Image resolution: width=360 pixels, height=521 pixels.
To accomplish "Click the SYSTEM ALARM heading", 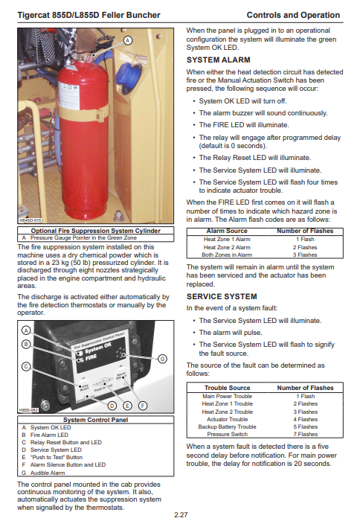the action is point(218,60).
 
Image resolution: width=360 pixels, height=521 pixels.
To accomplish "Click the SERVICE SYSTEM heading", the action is point(222,296).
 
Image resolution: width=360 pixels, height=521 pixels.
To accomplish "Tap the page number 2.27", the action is point(181,515).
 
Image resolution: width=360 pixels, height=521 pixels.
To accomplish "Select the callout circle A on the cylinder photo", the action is point(128,40).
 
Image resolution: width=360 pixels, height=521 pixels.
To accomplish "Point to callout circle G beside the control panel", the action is point(162,359).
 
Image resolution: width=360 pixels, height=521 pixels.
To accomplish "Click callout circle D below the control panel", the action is point(112,406).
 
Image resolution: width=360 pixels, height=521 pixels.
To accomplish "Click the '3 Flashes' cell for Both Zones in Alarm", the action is point(305,255).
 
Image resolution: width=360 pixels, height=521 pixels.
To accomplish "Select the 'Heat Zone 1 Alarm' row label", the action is point(227,239).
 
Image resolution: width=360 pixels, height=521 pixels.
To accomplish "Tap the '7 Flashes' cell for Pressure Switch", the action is point(305,434).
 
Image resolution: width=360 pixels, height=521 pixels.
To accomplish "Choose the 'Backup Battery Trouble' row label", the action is point(227,426).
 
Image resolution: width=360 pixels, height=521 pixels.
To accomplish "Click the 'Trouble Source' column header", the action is point(227,388).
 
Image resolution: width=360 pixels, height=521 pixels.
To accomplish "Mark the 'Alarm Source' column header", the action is point(227,231).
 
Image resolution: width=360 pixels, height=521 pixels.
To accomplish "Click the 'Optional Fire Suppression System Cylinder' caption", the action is point(96,231).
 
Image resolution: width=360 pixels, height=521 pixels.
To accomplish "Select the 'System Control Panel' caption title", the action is point(96,420).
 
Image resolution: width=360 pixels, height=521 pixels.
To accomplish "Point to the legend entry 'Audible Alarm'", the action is point(48,473).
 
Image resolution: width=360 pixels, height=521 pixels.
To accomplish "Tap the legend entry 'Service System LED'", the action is point(56,450).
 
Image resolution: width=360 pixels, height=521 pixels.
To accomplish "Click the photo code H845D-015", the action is point(30,220).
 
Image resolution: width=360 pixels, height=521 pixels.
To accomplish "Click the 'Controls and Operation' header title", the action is point(293,16).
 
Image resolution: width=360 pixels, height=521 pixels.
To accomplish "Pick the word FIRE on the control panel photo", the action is point(91,357).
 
